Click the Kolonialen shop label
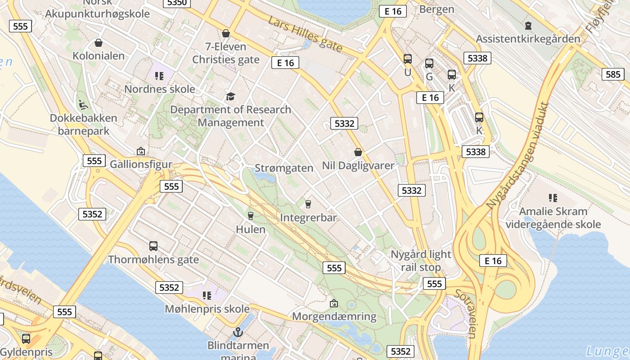click(x=99, y=56)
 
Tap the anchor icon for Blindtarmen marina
click(x=238, y=332)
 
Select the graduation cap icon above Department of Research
click(x=230, y=96)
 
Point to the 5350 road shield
click(x=177, y=3)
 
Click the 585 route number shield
click(x=613, y=74)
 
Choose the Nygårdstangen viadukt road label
click(x=518, y=156)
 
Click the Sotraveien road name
click(x=465, y=313)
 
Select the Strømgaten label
click(x=284, y=168)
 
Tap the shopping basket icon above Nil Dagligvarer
click(x=358, y=152)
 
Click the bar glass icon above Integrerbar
click(x=308, y=204)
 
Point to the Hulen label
click(x=251, y=229)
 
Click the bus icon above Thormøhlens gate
click(x=153, y=246)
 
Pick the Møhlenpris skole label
click(x=207, y=309)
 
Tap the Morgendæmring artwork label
click(x=334, y=316)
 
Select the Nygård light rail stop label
click(x=421, y=261)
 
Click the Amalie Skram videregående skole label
click(x=553, y=218)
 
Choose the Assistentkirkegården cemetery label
click(x=528, y=39)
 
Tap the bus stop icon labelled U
click(x=408, y=59)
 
